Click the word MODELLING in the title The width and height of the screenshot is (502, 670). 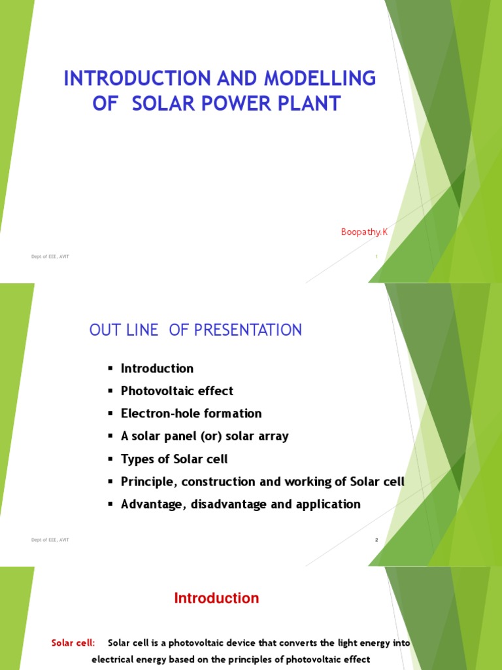(x=320, y=79)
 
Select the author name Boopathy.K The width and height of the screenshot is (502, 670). (x=364, y=232)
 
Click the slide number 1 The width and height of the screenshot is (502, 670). (x=376, y=256)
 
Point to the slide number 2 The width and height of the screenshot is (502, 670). (x=376, y=540)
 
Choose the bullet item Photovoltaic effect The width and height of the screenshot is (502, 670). (x=176, y=391)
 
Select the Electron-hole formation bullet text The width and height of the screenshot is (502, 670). (x=191, y=414)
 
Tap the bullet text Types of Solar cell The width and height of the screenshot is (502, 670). (x=174, y=459)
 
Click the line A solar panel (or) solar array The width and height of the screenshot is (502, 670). (x=204, y=436)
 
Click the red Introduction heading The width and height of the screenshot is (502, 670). (x=216, y=598)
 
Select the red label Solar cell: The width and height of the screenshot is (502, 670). (x=73, y=643)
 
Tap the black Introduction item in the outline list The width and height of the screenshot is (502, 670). (x=157, y=368)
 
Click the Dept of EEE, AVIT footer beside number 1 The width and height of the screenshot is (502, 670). (x=50, y=256)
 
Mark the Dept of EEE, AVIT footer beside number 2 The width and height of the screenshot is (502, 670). (x=50, y=540)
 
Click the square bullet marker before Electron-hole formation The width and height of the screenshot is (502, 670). (x=111, y=414)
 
